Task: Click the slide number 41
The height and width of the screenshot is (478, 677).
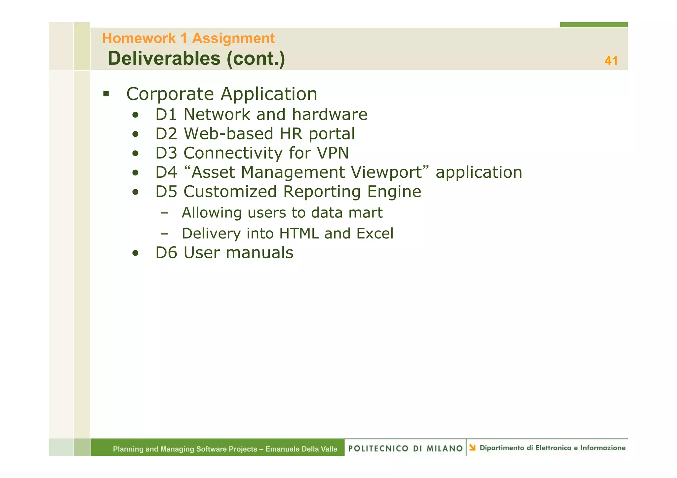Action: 611,61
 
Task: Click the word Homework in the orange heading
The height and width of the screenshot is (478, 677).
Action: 139,38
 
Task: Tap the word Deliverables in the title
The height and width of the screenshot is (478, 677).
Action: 164,58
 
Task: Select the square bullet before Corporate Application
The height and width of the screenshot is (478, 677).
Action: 106,94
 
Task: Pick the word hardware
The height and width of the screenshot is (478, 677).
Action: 330,115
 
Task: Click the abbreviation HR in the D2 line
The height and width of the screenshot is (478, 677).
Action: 291,134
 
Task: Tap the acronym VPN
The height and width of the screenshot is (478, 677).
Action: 333,153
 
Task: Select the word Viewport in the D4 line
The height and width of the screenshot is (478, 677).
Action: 386,172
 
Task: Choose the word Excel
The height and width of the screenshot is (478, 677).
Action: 375,234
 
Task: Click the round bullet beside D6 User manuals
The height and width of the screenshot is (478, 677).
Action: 135,253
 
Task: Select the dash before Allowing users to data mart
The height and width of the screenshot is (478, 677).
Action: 164,213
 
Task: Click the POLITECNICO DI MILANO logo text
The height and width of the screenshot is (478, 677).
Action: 405,448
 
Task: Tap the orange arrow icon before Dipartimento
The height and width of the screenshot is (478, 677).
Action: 472,448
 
